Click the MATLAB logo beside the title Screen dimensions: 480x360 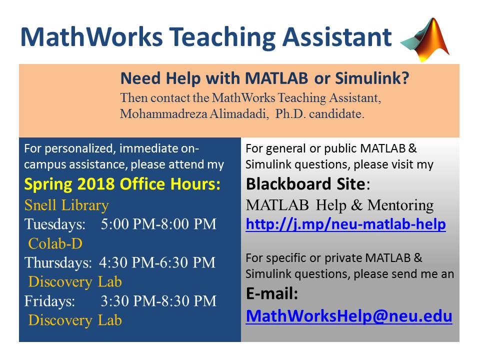click(425, 40)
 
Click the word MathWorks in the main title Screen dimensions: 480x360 click(91, 37)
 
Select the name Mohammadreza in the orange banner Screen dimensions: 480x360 click(163, 114)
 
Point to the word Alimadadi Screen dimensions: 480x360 click(239, 114)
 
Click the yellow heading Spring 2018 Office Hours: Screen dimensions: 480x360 click(122, 184)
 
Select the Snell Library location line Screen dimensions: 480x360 click(66, 205)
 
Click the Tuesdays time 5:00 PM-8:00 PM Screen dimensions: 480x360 click(158, 224)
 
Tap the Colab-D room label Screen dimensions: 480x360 click(55, 243)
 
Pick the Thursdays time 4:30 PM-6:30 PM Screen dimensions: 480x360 click(157, 262)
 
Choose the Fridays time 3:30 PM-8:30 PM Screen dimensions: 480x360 click(158, 301)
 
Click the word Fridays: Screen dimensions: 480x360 click(49, 301)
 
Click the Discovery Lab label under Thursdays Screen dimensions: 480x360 click(75, 282)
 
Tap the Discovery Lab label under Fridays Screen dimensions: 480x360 click(75, 320)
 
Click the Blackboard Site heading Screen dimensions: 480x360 click(308, 184)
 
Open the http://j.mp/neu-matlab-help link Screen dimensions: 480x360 click(345, 224)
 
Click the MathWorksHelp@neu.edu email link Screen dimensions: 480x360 click(349, 316)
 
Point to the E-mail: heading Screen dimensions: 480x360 click(272, 293)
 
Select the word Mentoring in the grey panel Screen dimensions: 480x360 click(400, 205)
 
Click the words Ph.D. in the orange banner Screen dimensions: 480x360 click(290, 114)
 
